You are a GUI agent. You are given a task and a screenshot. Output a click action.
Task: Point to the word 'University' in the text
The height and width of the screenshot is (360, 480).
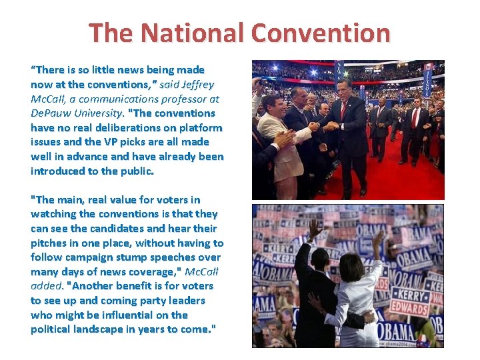(x=97, y=113)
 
